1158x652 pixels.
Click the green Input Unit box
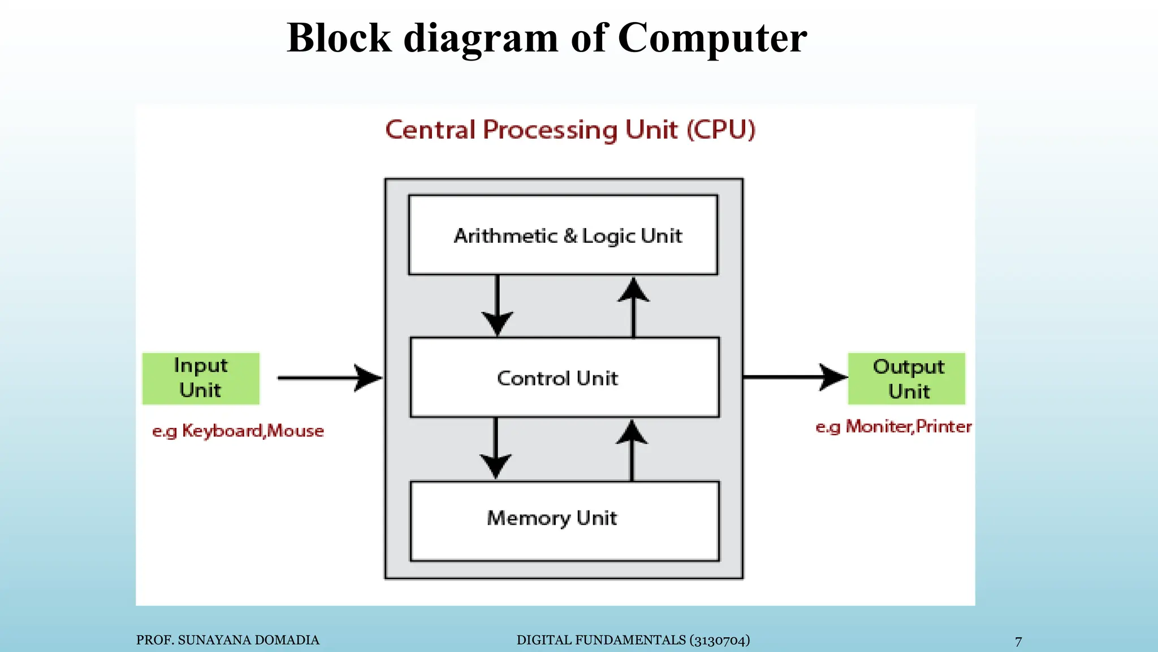[x=201, y=378]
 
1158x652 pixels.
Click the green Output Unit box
[x=906, y=378]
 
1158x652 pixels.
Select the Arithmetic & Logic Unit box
[x=563, y=235]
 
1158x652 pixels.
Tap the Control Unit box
[x=564, y=378]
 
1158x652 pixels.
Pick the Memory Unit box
[x=564, y=521]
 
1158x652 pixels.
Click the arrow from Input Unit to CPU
[x=329, y=378]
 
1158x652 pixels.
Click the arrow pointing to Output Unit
[x=794, y=376]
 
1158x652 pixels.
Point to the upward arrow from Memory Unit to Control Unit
[x=632, y=450]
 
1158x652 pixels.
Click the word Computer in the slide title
[x=712, y=38]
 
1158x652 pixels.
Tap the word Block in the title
[x=339, y=38]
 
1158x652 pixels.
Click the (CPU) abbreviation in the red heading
[x=721, y=130]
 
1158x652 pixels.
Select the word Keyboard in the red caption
[x=222, y=431]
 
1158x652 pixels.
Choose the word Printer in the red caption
[x=944, y=426]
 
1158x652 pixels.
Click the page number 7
[x=1018, y=641]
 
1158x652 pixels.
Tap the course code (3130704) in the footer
[x=719, y=640]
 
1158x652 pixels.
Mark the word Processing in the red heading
[x=551, y=130]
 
